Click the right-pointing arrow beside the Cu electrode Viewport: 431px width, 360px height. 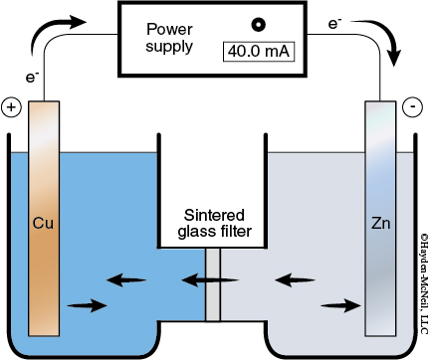tap(85, 305)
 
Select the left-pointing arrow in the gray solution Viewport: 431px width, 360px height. tap(295, 280)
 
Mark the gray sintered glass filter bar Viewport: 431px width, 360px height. tap(211, 284)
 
